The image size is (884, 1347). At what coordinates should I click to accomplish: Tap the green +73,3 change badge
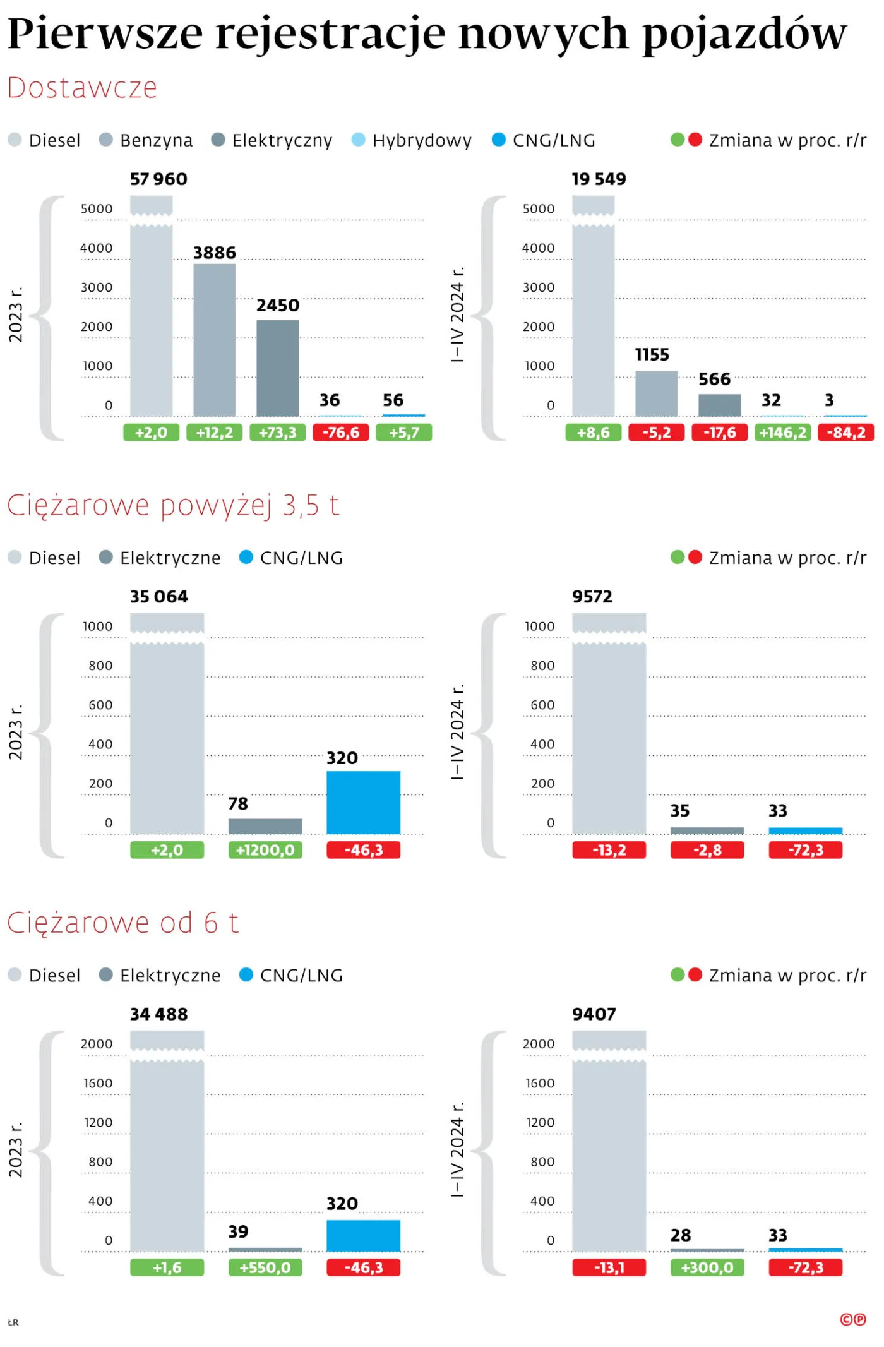coord(277,433)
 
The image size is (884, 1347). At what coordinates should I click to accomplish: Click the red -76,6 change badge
coord(340,433)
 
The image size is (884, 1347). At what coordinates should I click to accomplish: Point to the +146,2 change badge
coord(782,433)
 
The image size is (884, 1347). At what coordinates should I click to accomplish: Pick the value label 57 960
coord(158,179)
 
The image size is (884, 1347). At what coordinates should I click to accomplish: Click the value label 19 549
coord(599,179)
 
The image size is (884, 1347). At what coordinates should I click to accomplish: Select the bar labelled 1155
coord(656,393)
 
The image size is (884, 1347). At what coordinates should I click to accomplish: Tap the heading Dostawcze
coord(82,88)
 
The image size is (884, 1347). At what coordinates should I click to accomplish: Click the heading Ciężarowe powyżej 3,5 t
coord(173,505)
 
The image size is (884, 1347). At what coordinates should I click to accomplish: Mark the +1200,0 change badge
coord(265,850)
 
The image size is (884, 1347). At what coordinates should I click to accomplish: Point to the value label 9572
coord(592,597)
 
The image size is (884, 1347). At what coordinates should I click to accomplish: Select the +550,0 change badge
coord(265,1267)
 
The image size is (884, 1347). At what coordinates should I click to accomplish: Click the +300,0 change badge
coord(707,1267)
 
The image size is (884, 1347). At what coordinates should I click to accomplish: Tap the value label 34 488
coord(158,1014)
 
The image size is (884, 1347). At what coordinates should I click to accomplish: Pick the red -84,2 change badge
coord(845,433)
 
